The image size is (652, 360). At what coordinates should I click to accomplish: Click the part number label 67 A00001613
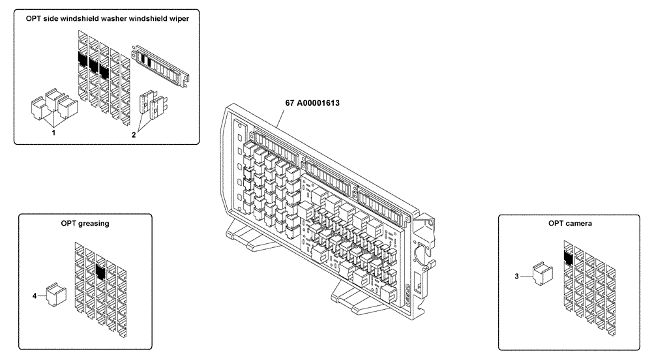point(312,103)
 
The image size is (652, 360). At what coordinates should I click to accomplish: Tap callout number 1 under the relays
point(53,132)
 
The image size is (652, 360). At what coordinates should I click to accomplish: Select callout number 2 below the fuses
point(134,135)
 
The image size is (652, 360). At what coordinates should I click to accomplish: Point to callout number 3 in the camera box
point(517,276)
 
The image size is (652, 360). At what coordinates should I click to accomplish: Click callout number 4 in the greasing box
point(35,295)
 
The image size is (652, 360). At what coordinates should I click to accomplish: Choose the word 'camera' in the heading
point(578,223)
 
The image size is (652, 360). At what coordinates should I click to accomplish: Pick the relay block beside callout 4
point(55,294)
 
